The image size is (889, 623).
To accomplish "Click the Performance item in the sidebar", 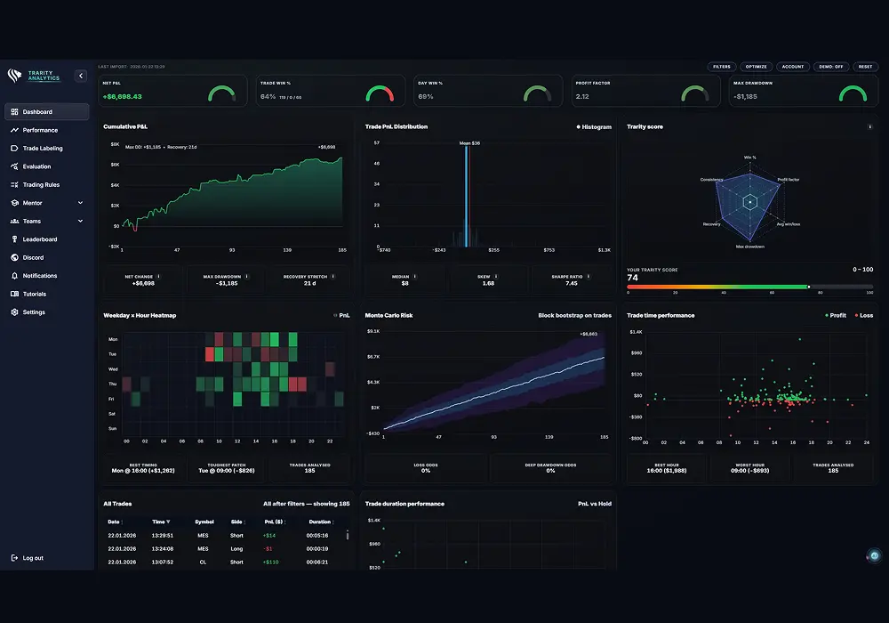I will pos(40,130).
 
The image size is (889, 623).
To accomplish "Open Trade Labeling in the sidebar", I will pos(43,149).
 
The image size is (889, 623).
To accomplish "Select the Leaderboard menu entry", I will pos(40,239).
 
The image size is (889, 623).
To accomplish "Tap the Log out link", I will pos(32,558).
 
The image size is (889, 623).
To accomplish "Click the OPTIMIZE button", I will pos(757,67).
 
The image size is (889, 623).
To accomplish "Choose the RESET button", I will pos(865,67).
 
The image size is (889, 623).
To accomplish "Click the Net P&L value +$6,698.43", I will pos(123,96).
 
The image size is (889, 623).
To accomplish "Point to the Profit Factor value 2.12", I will pos(582,96).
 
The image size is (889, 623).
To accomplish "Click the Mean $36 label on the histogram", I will pos(469,142).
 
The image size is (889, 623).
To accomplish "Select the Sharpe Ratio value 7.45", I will pos(571,284).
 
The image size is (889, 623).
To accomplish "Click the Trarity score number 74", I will pos(632,278).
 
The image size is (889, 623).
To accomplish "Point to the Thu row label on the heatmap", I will pos(113,384).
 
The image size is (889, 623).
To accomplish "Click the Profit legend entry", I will pos(834,315).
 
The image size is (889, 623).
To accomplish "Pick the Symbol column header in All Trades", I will pos(204,522).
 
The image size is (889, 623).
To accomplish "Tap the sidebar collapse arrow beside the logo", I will pos(81,77).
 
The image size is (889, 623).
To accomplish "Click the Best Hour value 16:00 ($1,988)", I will pos(667,471).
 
